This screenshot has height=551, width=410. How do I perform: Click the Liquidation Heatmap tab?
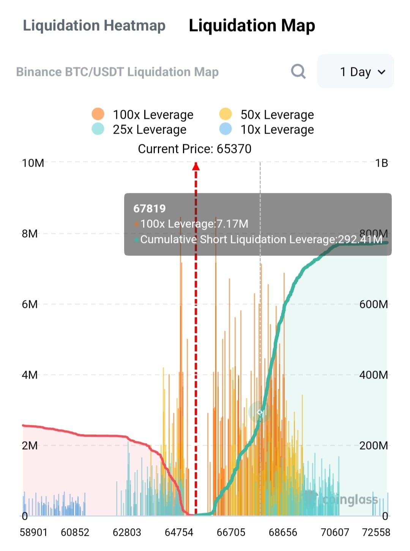click(x=94, y=26)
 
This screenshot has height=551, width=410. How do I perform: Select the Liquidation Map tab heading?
click(x=252, y=26)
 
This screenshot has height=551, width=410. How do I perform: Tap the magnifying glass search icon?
click(x=298, y=71)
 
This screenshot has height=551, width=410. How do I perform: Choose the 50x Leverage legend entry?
click(x=266, y=114)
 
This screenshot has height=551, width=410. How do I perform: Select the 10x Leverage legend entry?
click(x=266, y=129)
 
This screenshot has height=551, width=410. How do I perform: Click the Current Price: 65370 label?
click(x=194, y=149)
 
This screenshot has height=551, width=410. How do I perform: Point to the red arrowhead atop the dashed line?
click(x=196, y=166)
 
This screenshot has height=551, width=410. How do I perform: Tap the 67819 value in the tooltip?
click(x=150, y=208)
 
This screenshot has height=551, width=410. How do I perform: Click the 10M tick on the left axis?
click(x=33, y=163)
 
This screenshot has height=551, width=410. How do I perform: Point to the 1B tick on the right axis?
click(x=381, y=163)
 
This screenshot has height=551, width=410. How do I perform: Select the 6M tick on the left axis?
click(x=30, y=305)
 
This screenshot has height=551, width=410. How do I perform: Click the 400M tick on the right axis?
click(x=374, y=375)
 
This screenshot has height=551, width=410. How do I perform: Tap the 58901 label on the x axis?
click(x=33, y=532)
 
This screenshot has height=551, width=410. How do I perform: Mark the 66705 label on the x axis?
click(x=231, y=532)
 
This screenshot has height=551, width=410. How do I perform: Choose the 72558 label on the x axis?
click(x=376, y=532)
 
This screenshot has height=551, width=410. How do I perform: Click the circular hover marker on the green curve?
click(x=260, y=412)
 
